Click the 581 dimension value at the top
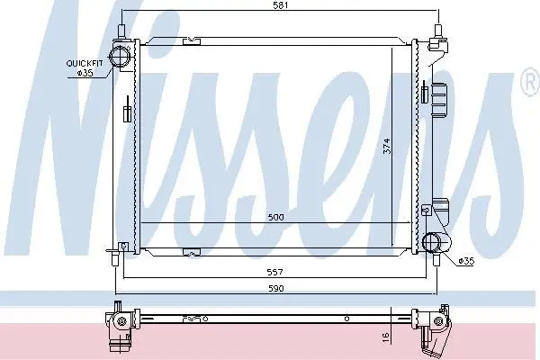tap(281, 5)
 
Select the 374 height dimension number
tap(387, 146)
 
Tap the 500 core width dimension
tap(276, 218)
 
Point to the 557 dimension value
tap(274, 273)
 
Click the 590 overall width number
tap(276, 288)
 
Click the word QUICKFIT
tap(85, 63)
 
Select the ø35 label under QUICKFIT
tap(85, 73)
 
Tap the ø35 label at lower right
tap(466, 261)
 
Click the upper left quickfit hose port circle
tap(119, 56)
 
